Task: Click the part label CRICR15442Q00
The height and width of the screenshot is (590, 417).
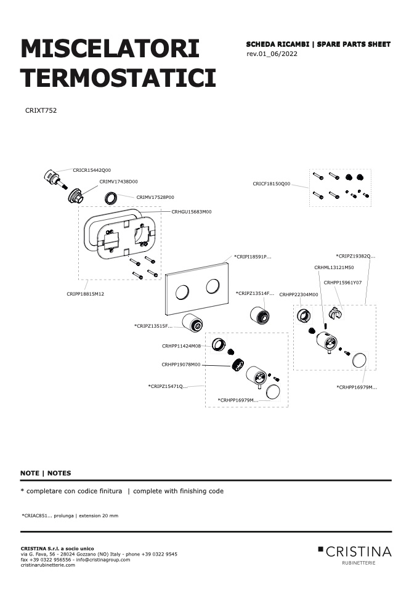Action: coord(92,170)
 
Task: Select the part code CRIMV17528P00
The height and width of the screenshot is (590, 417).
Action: coord(155,197)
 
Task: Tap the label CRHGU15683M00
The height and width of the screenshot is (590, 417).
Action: coord(192,211)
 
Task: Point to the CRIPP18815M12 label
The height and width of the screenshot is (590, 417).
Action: coord(86,294)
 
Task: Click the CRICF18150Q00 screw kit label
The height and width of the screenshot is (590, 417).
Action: coord(272,184)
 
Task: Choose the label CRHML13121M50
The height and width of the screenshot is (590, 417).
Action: coord(334,267)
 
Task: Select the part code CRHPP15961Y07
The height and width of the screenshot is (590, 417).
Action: coord(342,283)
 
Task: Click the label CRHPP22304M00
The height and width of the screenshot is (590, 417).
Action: coord(299,294)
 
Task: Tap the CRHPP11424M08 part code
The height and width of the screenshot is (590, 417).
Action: coord(182,346)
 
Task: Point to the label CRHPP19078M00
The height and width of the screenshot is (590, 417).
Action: coord(181,365)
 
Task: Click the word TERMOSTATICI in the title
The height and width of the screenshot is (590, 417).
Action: coord(118,78)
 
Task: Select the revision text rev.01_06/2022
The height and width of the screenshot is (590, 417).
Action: coord(272,54)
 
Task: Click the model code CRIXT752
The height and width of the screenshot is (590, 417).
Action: coord(41,110)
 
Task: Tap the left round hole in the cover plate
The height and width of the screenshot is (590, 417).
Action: coord(182,292)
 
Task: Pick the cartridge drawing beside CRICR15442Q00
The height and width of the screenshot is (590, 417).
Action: coord(55,180)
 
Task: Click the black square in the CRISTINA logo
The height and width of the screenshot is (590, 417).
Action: coord(320,549)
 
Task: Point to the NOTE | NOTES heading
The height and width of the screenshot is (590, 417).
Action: coord(46,473)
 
